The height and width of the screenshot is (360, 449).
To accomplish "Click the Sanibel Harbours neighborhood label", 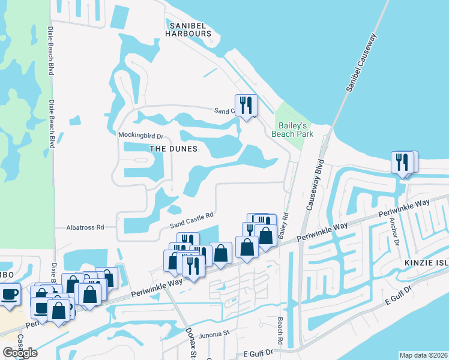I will [x=190, y=29].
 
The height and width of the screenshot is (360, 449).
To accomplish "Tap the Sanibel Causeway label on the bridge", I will [x=361, y=62].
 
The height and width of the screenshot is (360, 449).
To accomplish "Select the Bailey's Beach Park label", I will [x=293, y=130].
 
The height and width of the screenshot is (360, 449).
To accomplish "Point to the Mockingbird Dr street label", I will [x=140, y=135].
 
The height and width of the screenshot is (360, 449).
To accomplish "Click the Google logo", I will [x=19, y=352].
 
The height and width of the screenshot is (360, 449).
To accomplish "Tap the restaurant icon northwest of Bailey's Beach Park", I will [x=246, y=106].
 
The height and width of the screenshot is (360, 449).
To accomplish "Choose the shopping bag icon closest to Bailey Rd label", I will [x=265, y=236].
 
